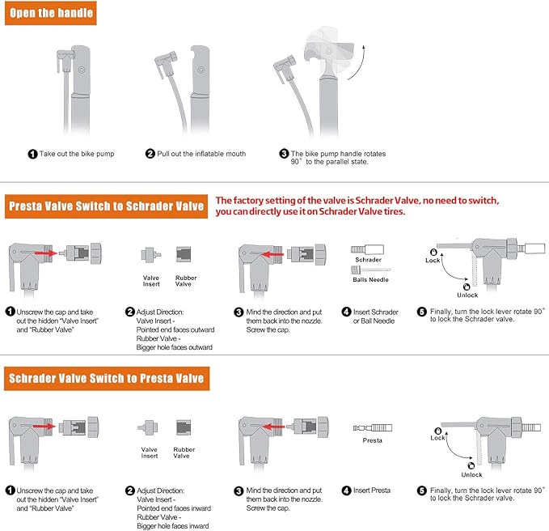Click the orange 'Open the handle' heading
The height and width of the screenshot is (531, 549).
click(x=50, y=13)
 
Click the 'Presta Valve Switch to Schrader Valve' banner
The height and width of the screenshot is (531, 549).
click(x=107, y=206)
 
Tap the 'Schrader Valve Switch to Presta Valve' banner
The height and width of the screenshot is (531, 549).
click(x=107, y=378)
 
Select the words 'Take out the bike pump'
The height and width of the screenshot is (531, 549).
click(x=77, y=154)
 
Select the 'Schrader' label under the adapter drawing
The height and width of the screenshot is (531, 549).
click(x=368, y=260)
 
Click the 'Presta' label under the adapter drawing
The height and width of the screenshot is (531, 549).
click(x=372, y=440)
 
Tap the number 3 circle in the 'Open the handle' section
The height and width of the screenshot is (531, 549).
click(x=284, y=154)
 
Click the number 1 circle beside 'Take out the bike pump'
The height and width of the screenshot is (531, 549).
click(x=32, y=154)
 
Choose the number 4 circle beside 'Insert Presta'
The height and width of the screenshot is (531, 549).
click(x=346, y=491)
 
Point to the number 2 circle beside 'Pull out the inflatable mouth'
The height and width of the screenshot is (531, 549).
click(x=150, y=154)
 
